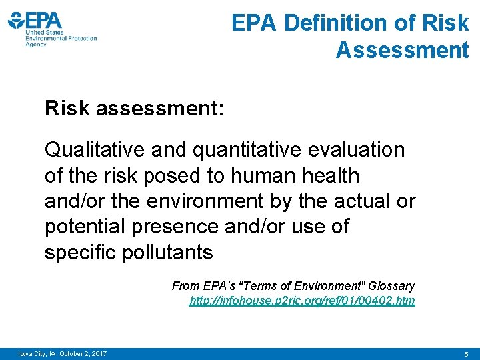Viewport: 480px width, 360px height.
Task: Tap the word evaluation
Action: point(354,150)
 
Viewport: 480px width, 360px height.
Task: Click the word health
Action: point(329,176)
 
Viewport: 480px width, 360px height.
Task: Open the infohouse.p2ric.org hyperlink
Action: point(302,301)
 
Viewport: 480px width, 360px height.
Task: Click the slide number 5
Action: point(467,353)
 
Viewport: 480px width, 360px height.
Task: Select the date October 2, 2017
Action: point(83,353)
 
